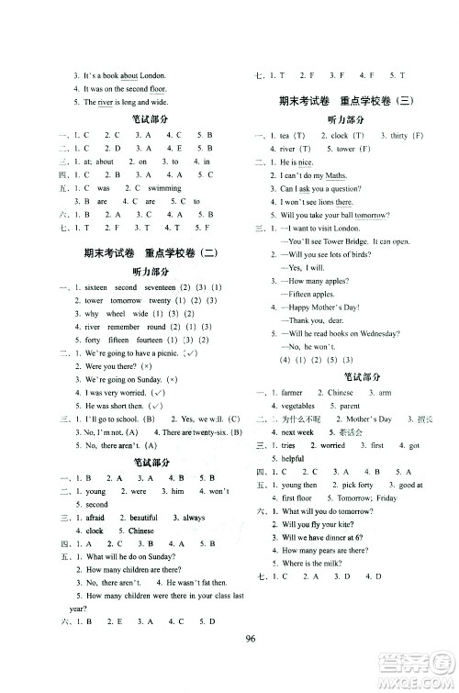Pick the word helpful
292,458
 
